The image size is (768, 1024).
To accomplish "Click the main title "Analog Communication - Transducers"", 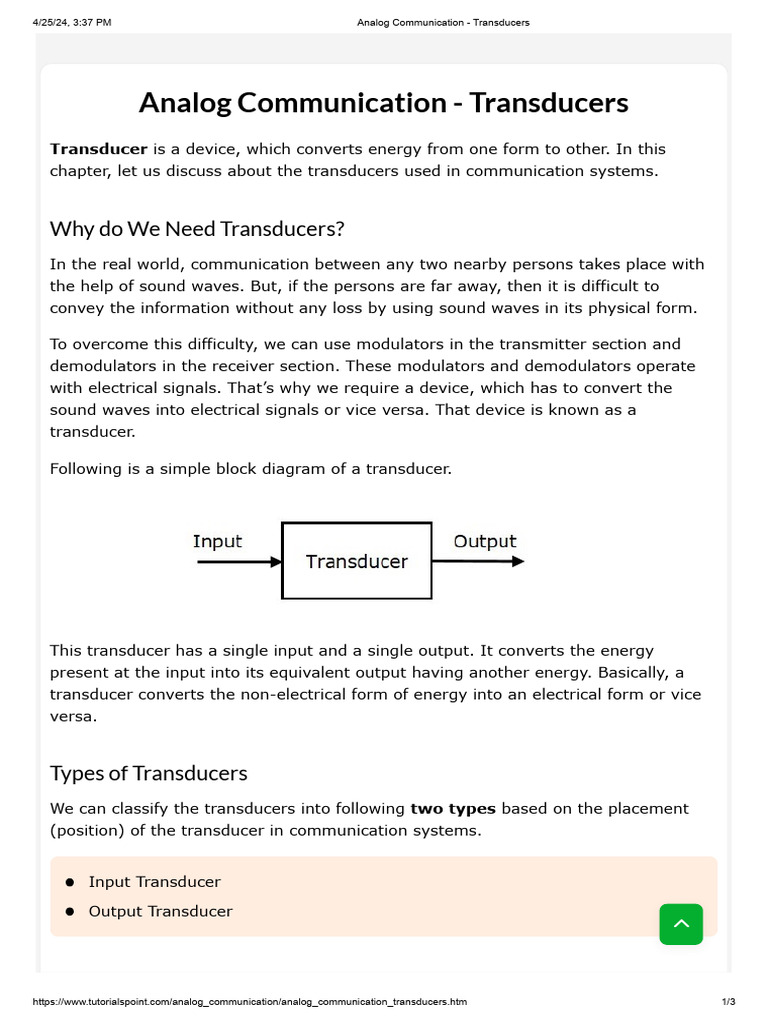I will tap(383, 103).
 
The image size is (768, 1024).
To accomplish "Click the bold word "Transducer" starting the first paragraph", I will tap(99, 149).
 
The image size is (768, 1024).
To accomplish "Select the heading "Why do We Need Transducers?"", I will tap(197, 229).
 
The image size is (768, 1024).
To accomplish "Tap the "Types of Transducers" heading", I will tap(149, 773).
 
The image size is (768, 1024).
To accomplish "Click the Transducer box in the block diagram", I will tap(357, 561).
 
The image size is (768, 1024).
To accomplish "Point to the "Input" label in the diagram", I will tap(217, 541).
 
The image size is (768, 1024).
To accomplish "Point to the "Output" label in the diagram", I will tap(485, 541).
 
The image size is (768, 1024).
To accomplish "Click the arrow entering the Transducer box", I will tap(239, 562).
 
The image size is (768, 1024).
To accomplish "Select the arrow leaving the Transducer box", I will tap(478, 562).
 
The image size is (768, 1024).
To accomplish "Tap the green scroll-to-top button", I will tap(681, 924).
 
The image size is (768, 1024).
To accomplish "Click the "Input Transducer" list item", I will tap(154, 882).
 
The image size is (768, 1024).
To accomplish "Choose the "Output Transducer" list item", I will tap(160, 911).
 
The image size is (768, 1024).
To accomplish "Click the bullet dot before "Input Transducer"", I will tap(70, 882).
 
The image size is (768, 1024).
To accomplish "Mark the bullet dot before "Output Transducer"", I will tap(70, 912).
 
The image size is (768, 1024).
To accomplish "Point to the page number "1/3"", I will tap(728, 1001).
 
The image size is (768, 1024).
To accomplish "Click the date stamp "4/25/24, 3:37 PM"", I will tap(72, 22).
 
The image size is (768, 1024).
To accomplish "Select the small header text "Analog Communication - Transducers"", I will tap(443, 22).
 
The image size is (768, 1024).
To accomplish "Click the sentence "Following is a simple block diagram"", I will tap(250, 468).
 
